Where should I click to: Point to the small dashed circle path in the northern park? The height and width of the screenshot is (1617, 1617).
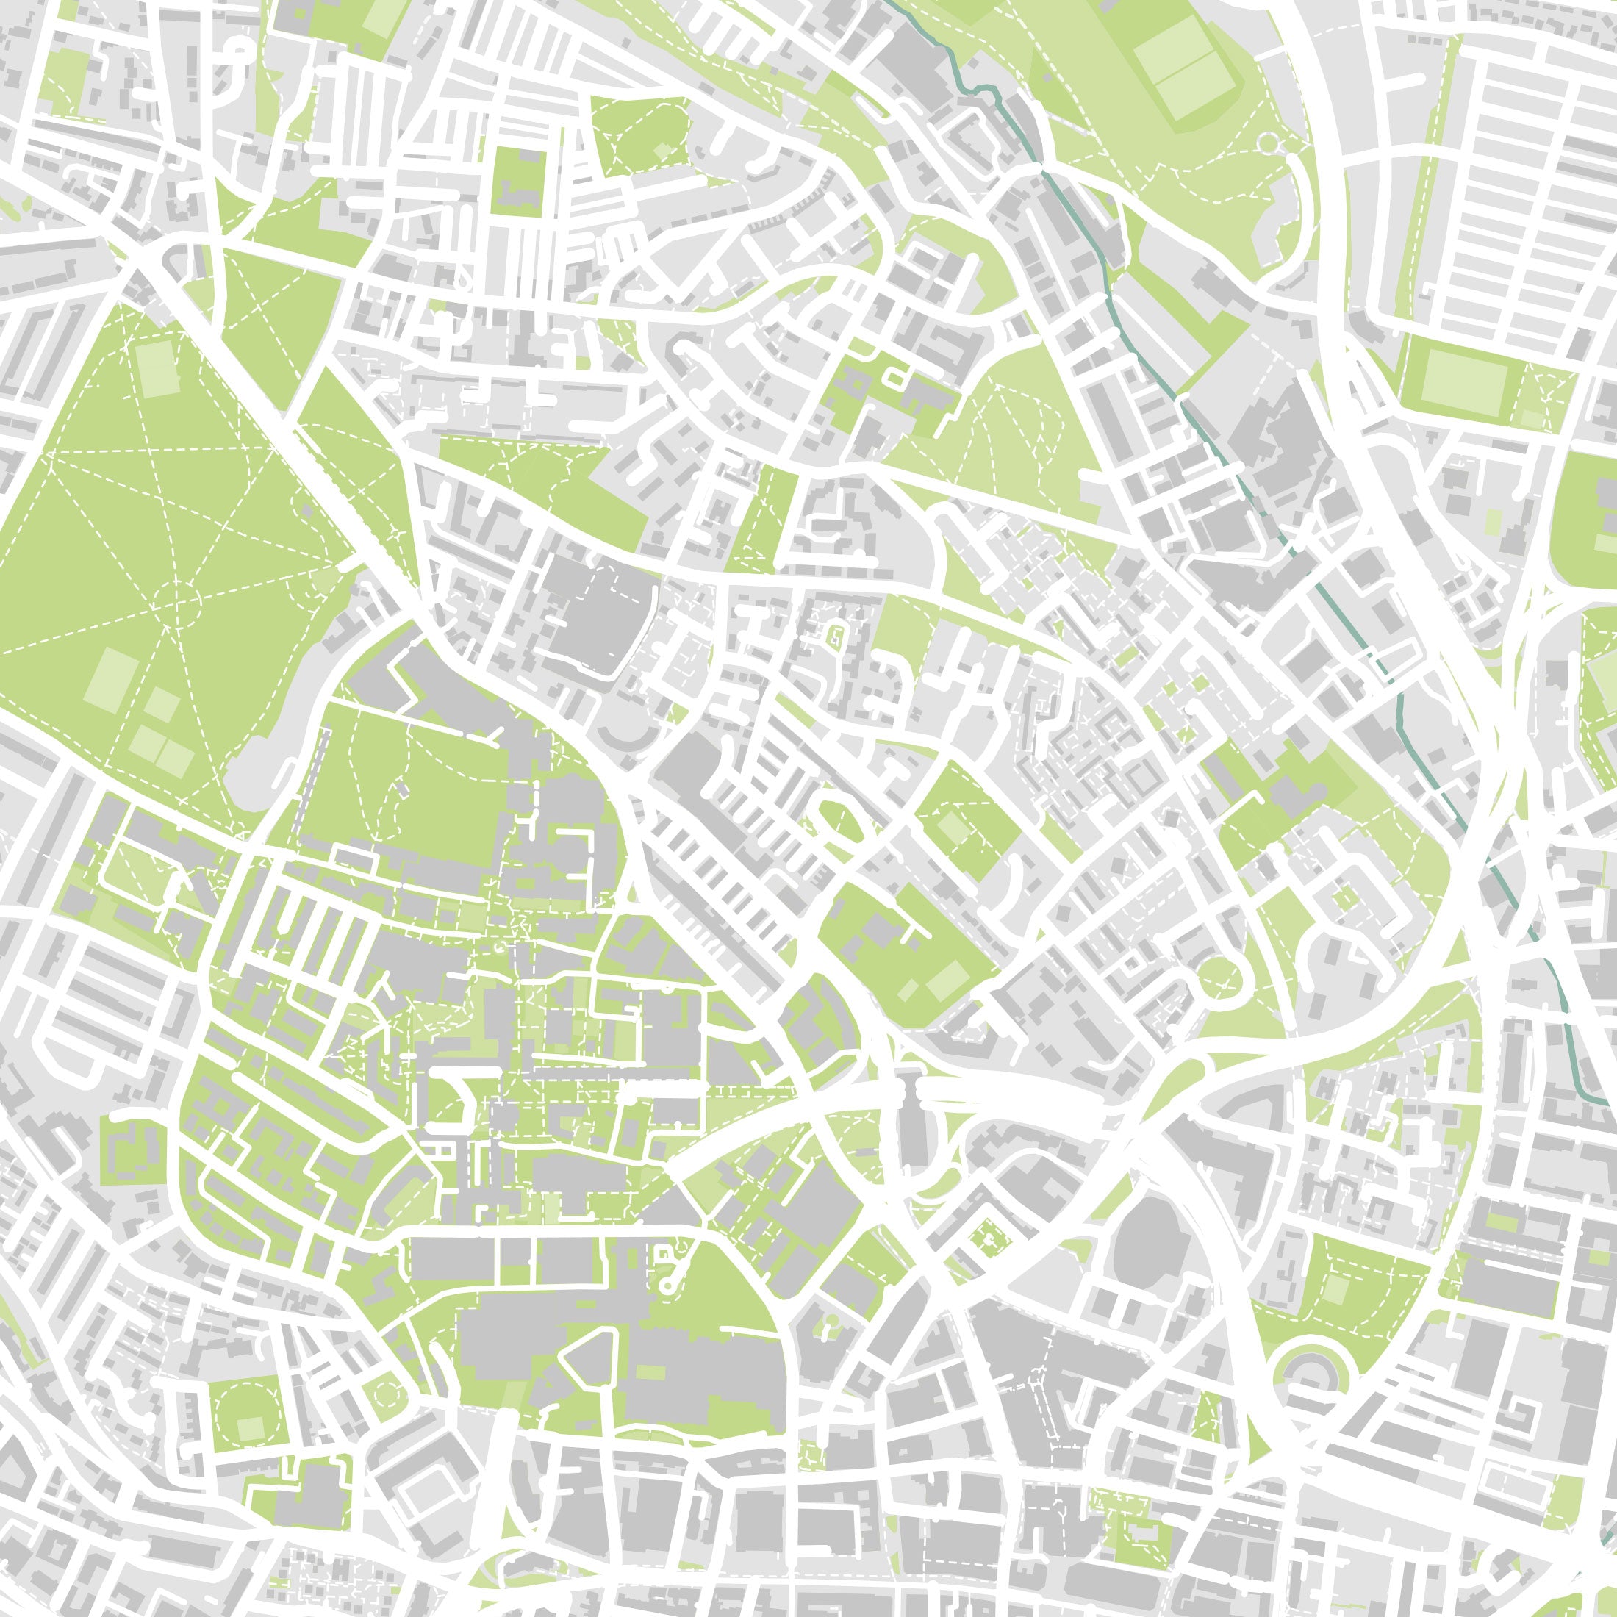tap(1269, 145)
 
